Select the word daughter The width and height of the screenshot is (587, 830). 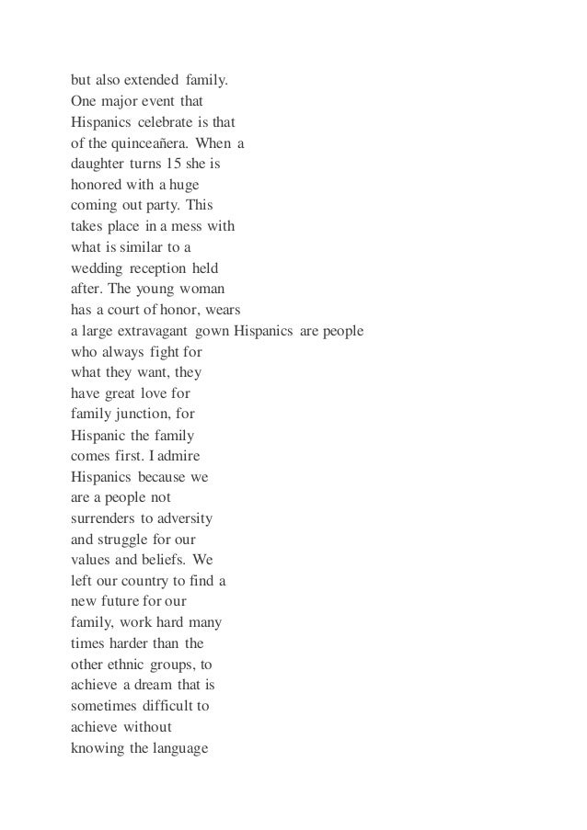coord(97,164)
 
